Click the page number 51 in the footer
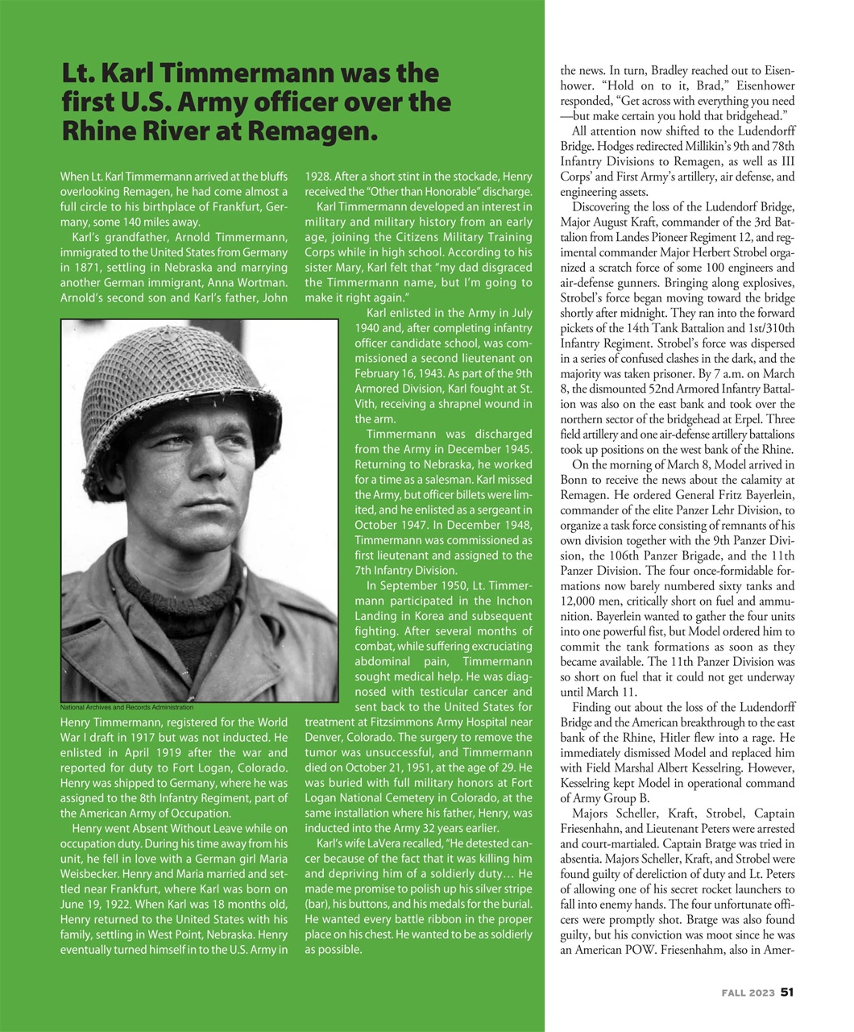pyautogui.click(x=787, y=992)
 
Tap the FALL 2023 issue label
pyautogui.click(x=748, y=993)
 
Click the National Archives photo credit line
pyautogui.click(x=126, y=707)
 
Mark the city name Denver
pyautogui.click(x=324, y=738)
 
